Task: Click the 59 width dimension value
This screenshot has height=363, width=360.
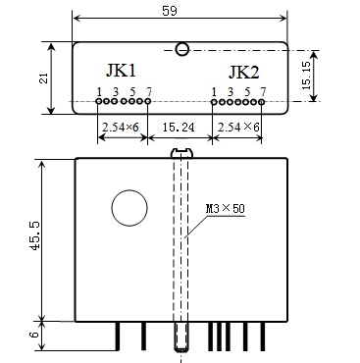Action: pyautogui.click(x=170, y=11)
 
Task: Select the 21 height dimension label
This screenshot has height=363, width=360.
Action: pyautogui.click(x=43, y=78)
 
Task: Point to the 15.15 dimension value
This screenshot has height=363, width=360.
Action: pyautogui.click(x=307, y=76)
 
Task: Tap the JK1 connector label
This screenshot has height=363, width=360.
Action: pyautogui.click(x=121, y=71)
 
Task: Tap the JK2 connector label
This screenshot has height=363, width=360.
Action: pyautogui.click(x=244, y=73)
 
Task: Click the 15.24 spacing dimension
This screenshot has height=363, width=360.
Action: pyautogui.click(x=179, y=127)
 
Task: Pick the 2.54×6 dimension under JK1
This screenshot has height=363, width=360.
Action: pyautogui.click(x=121, y=127)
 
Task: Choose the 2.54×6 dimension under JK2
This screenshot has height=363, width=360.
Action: pyautogui.click(x=238, y=127)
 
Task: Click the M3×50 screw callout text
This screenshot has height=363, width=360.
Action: pyautogui.click(x=226, y=208)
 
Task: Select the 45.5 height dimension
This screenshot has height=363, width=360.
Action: pyautogui.click(x=34, y=235)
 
